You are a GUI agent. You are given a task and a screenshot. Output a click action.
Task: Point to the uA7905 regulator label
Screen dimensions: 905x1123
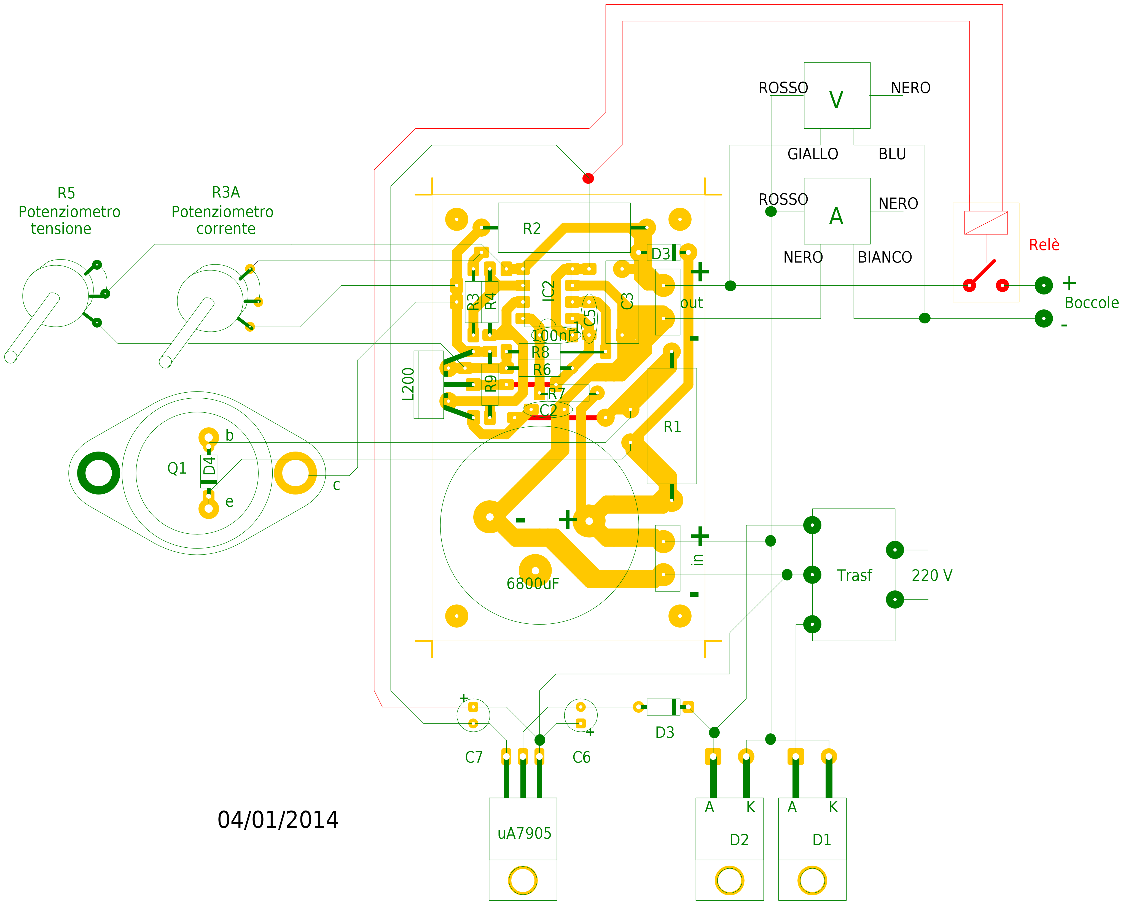point(524,834)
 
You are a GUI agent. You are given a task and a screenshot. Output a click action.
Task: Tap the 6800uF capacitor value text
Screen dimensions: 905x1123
point(533,583)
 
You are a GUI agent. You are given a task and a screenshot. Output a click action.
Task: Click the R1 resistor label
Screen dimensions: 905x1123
point(672,427)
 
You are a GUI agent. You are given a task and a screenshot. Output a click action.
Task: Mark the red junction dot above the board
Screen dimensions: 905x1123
point(588,178)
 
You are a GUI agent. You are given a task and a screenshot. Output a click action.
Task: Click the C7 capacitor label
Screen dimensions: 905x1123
point(474,757)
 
